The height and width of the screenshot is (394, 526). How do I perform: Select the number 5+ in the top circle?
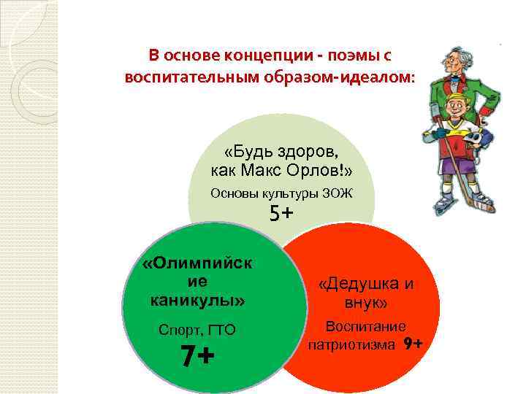coord(281,213)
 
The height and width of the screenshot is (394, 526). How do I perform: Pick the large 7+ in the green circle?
coord(197,357)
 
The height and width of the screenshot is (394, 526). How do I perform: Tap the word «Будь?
coord(245,153)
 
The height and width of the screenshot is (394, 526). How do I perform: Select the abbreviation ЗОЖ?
coord(338,193)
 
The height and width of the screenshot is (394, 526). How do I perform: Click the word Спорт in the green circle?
coord(177,330)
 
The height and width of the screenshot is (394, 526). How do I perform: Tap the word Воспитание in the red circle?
coord(366,326)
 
